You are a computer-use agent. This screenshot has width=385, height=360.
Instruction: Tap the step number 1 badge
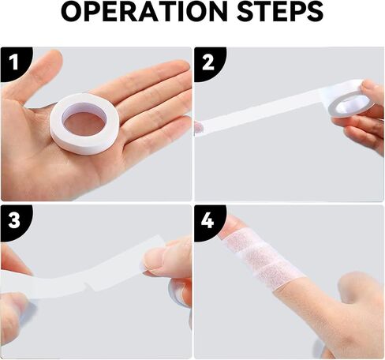13,60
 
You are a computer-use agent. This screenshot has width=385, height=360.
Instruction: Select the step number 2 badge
207,60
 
